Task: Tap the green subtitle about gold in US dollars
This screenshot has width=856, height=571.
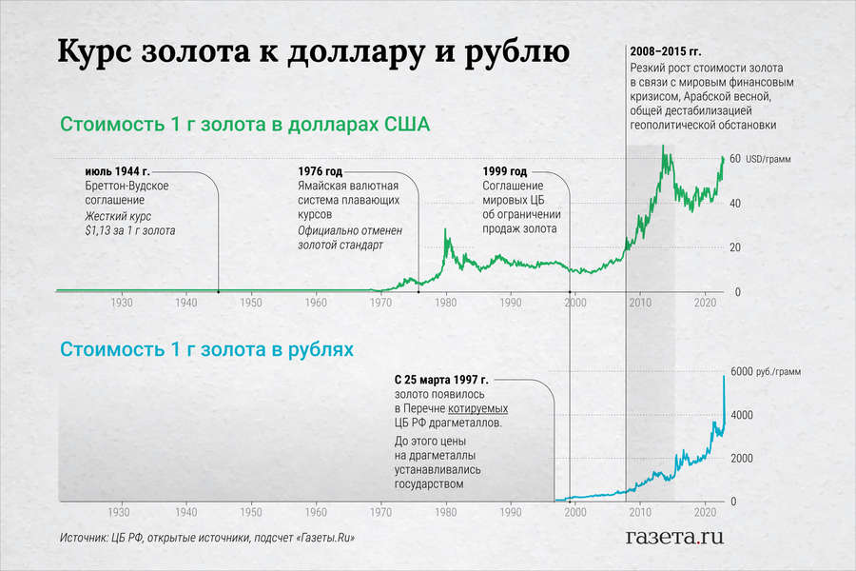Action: tap(245, 125)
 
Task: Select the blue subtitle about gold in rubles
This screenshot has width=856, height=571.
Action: tap(206, 349)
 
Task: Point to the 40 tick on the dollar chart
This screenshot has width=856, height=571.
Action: tap(735, 204)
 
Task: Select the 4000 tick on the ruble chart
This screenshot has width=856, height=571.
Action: tap(741, 415)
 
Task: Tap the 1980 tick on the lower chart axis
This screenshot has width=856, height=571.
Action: tap(445, 510)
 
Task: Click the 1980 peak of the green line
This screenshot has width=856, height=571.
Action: tap(447, 230)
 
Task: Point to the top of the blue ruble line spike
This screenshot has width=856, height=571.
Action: tap(724, 377)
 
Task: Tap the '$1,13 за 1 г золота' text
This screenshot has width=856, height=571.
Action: tap(130, 230)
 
